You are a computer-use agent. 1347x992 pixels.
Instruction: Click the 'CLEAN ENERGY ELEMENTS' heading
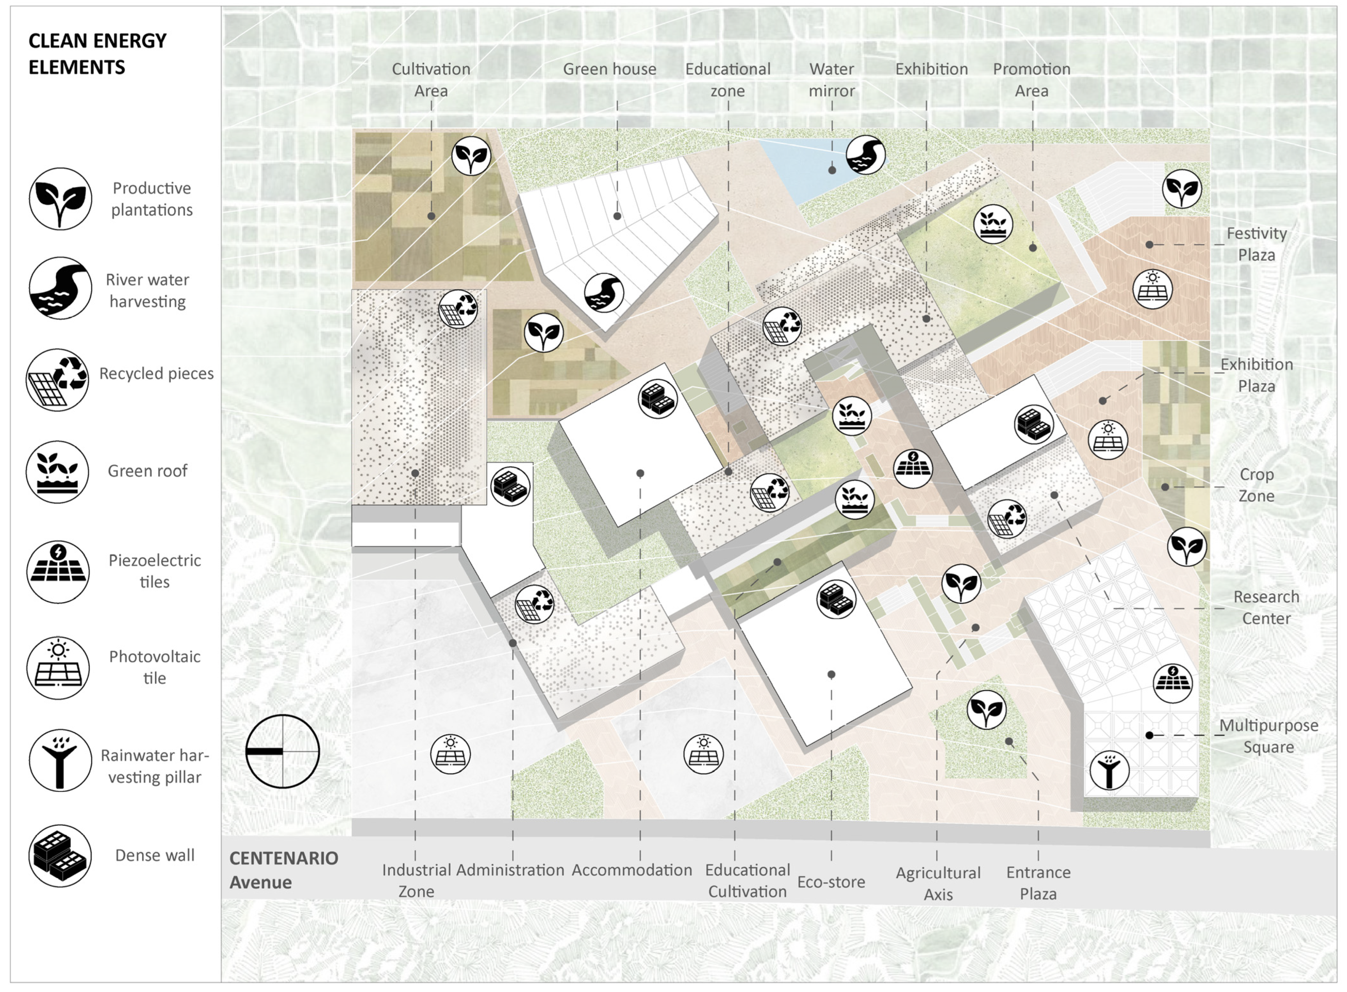(x=97, y=54)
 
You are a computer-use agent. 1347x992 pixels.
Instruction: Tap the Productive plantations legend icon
(x=60, y=199)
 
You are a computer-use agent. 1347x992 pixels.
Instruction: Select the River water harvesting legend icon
(x=60, y=288)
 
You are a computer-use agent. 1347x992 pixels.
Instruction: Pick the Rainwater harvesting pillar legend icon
(x=60, y=761)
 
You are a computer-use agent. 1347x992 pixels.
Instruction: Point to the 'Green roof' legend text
(x=148, y=471)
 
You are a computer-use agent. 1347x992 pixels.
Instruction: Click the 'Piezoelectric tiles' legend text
(x=155, y=571)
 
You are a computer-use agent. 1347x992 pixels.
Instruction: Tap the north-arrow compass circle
(x=283, y=751)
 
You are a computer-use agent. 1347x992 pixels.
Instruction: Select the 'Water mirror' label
(x=832, y=80)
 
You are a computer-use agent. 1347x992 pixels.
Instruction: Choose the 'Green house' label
(x=610, y=69)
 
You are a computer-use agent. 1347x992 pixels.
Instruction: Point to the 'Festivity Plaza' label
(x=1256, y=244)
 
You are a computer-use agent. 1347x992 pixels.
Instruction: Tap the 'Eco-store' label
(x=831, y=881)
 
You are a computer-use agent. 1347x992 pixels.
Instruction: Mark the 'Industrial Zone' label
(x=416, y=880)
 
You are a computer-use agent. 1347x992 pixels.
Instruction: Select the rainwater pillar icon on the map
(x=1109, y=770)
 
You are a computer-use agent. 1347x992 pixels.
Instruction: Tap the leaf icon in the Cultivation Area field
(x=471, y=155)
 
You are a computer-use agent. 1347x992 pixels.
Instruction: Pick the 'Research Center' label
(x=1266, y=608)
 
